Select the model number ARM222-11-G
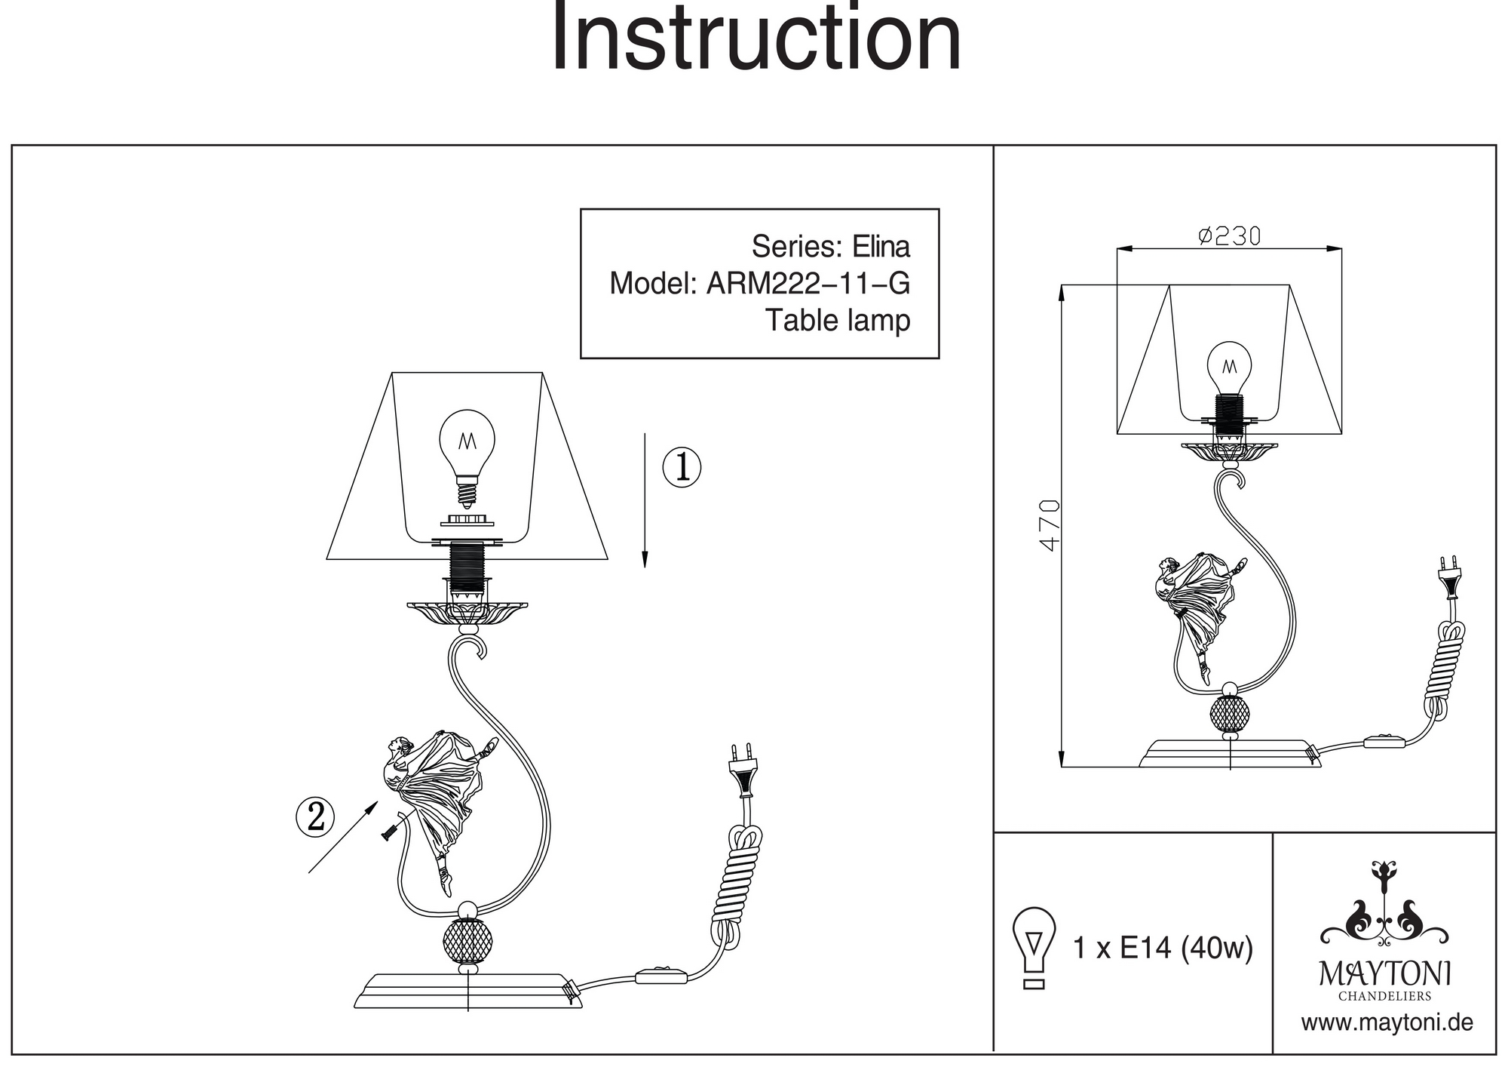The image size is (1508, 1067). click(808, 284)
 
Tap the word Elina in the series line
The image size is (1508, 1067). click(881, 247)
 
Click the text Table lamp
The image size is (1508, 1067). click(838, 320)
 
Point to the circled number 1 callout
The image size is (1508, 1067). click(682, 467)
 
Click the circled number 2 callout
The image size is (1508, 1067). click(315, 816)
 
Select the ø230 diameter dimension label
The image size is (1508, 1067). click(1229, 236)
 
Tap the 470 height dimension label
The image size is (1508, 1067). click(1050, 524)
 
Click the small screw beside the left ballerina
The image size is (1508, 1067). click(391, 832)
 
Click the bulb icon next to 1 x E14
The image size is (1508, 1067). click(1034, 947)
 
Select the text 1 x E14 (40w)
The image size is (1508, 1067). click(1163, 948)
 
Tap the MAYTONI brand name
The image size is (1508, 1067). click(1384, 973)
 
